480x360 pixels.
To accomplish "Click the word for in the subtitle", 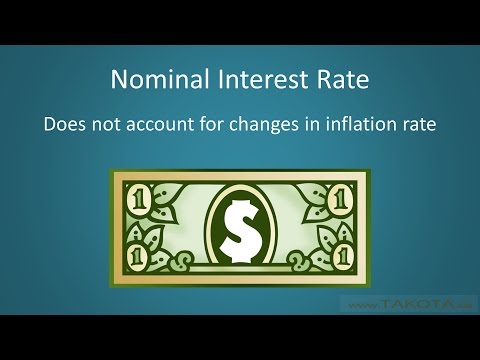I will tap(225, 127).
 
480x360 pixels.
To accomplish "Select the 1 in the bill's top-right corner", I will tap(343, 197).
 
